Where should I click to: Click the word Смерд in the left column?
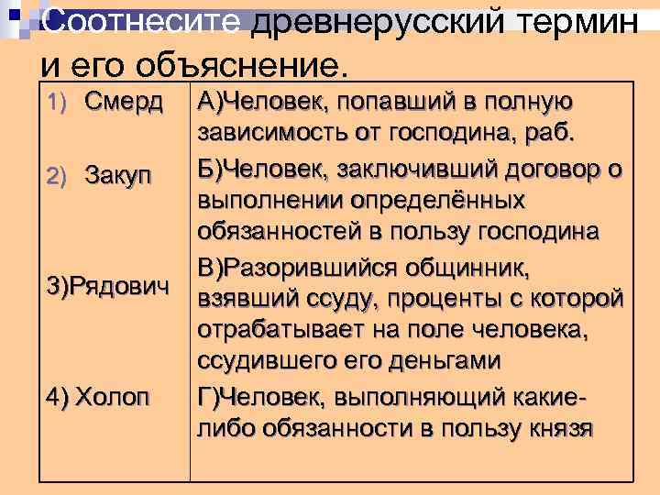124,100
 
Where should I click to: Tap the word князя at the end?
560,427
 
